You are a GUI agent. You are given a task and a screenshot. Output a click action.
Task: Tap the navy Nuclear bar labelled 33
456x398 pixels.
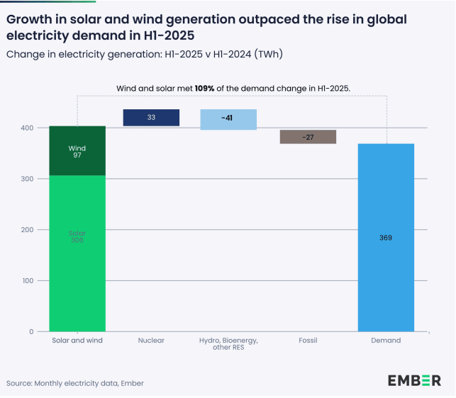pos(151,118)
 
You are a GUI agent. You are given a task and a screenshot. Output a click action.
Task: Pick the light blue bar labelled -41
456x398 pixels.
pos(228,119)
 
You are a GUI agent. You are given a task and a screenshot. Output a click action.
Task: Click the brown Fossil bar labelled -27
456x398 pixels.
pos(308,137)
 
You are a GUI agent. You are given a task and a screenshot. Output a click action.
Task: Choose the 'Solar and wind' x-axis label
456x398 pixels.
pos(77,341)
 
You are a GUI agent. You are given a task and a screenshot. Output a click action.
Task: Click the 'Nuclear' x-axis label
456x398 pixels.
pos(151,341)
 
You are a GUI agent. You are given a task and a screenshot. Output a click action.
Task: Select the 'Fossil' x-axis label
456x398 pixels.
pos(308,341)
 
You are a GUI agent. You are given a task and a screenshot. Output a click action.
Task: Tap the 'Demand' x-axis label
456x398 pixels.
pos(386,341)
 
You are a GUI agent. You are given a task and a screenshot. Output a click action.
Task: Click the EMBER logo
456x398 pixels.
pos(414,381)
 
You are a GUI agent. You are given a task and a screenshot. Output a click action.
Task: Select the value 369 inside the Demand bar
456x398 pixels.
pos(385,238)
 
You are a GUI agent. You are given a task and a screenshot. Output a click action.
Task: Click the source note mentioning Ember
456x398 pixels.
pos(74,383)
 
